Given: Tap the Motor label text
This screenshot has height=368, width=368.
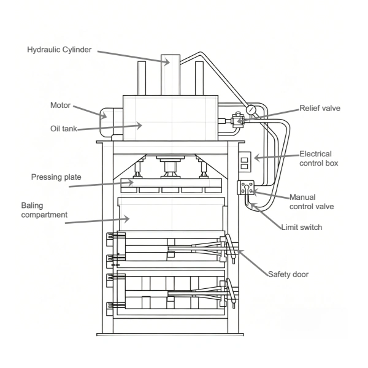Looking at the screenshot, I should [60, 105].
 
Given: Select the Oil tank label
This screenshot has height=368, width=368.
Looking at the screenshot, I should [63, 128].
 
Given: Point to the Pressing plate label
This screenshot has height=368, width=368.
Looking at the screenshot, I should [56, 177].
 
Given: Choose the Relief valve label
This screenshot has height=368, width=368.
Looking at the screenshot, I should [320, 108].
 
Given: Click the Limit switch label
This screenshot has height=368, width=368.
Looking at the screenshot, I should [301, 228].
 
